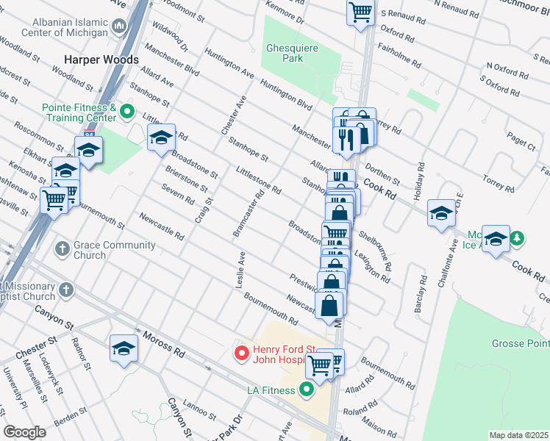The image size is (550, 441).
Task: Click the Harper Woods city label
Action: [101, 59]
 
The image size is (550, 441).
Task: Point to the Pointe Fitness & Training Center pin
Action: [126, 112]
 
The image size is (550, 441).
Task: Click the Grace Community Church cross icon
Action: [63, 250]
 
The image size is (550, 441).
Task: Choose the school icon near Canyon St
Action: [124, 348]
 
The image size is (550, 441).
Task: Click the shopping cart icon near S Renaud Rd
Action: [360, 12]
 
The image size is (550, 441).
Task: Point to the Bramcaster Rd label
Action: [248, 215]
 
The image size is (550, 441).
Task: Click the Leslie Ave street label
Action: [240, 270]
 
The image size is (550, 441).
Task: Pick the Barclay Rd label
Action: [420, 294]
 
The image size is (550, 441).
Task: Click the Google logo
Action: [25, 432]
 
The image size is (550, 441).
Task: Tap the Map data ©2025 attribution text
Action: [518, 435]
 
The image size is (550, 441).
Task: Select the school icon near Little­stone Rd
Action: [161, 137]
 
